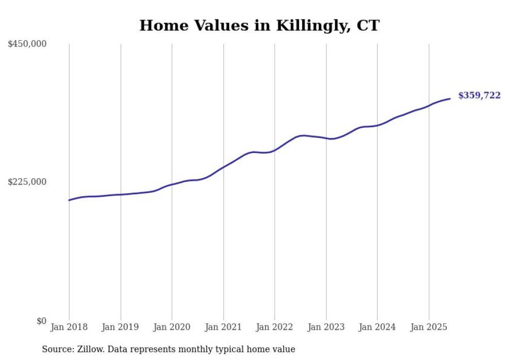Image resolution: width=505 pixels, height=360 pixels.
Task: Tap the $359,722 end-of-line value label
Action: tap(479, 95)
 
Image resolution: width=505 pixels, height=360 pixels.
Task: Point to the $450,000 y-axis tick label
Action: tap(27, 44)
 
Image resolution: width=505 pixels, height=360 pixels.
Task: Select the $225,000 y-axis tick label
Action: tap(27, 182)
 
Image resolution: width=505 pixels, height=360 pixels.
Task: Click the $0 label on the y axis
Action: tap(41, 320)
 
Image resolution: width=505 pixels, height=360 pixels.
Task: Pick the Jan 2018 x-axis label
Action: tap(69, 327)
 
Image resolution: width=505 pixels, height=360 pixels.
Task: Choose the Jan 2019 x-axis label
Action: tap(120, 327)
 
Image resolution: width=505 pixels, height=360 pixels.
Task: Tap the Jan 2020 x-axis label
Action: tap(172, 327)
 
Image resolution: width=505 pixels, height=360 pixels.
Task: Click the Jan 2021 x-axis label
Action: tap(223, 327)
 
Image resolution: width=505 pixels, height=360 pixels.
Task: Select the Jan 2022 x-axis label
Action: tap(274, 327)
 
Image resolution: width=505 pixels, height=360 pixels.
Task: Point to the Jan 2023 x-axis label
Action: tap(326, 327)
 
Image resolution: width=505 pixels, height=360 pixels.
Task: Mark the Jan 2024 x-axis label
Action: tap(377, 327)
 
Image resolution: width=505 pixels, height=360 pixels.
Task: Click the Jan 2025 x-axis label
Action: tap(429, 327)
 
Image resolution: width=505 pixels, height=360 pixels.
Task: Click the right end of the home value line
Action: tap(450, 98)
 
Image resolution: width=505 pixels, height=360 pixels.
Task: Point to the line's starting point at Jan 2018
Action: tap(69, 200)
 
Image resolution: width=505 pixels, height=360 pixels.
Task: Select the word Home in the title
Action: tap(159, 26)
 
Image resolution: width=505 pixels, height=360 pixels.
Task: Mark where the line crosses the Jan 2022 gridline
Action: tap(275, 150)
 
